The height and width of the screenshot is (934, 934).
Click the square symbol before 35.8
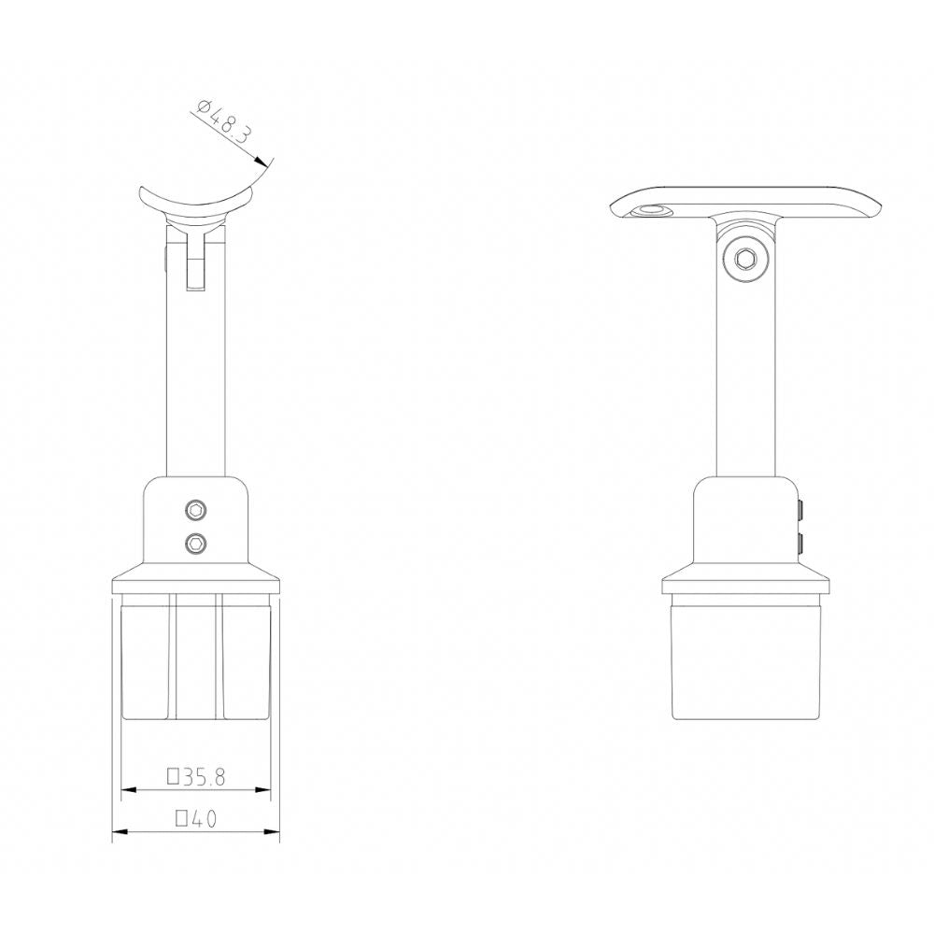[x=173, y=775]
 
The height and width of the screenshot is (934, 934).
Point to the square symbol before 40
[x=182, y=819]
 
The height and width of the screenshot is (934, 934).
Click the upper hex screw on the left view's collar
[x=196, y=510]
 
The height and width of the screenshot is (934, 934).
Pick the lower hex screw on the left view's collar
[x=196, y=541]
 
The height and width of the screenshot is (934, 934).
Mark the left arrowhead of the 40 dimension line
[x=119, y=832]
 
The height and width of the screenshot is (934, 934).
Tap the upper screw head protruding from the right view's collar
[x=801, y=510]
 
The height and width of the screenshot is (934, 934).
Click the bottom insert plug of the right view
[x=744, y=663]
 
